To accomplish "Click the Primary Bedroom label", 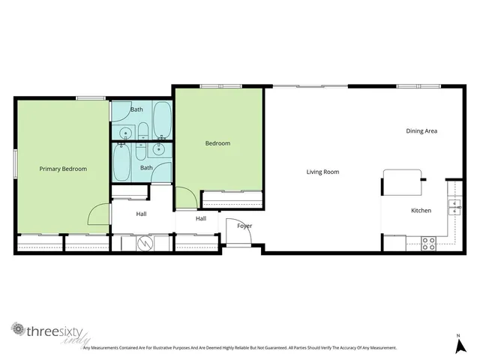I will point(63,169).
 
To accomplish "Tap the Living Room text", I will point(322,172).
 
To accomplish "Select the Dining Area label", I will point(421,130).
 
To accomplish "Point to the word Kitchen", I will point(421,210).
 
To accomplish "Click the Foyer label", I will point(244,226).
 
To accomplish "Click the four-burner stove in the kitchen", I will point(428,243).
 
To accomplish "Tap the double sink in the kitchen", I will point(453,207).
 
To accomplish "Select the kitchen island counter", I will point(403,181).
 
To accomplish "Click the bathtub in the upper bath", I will point(160,119).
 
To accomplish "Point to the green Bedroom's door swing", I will point(187,198).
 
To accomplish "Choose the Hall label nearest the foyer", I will point(201,218).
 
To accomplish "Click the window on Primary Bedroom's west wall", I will point(15,163).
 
